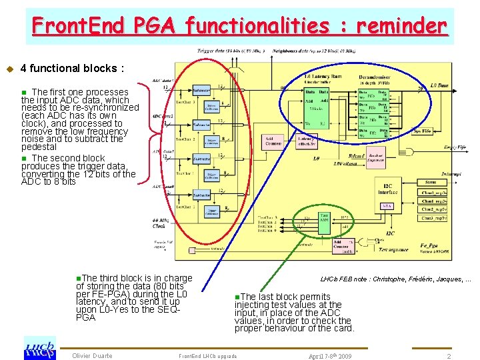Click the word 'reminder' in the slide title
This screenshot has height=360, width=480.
(x=401, y=26)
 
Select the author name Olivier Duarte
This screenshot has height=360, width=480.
(x=92, y=356)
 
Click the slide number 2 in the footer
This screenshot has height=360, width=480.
(x=449, y=357)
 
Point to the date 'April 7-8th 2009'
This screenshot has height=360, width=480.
(x=330, y=357)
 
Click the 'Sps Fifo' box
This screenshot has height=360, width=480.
(x=421, y=131)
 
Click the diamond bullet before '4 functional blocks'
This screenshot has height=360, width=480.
(x=9, y=69)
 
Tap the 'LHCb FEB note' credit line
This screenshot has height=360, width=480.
(x=395, y=279)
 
